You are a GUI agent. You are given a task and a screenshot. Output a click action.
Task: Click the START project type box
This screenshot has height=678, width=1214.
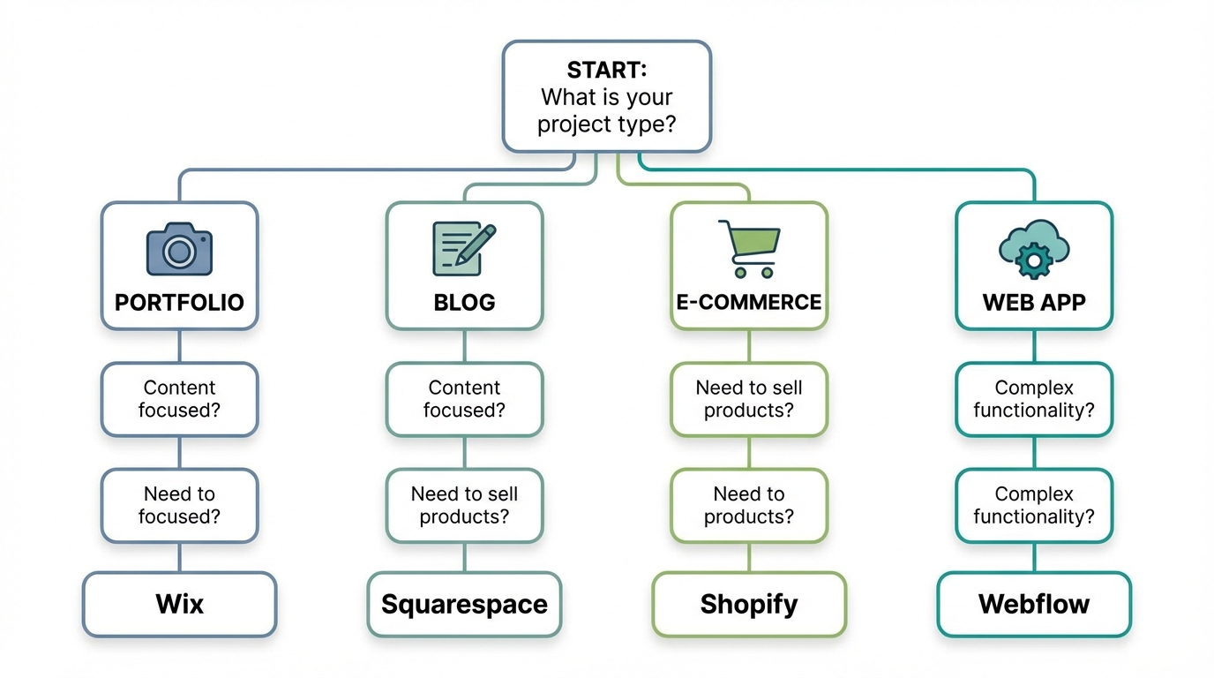pyautogui.click(x=606, y=96)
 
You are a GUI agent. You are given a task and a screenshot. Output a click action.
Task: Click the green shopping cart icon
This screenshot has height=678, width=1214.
pyautogui.click(x=749, y=248)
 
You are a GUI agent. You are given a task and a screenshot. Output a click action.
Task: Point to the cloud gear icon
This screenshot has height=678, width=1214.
pyautogui.click(x=1033, y=248)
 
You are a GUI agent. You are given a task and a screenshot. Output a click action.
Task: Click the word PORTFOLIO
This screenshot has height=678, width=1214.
pyautogui.click(x=179, y=303)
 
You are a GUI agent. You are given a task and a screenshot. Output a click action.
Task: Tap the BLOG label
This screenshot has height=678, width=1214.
pyautogui.click(x=464, y=303)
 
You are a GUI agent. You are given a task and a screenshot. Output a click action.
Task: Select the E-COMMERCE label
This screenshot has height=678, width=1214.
pyautogui.click(x=749, y=303)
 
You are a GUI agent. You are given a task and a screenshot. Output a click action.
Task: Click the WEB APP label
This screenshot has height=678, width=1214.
pyautogui.click(x=1034, y=303)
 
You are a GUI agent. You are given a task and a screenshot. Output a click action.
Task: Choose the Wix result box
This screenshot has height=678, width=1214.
pyautogui.click(x=179, y=605)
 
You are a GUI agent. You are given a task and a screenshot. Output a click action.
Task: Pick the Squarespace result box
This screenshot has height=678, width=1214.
pyautogui.click(x=464, y=605)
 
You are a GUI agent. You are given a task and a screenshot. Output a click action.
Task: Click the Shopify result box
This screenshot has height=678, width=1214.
pyautogui.click(x=749, y=605)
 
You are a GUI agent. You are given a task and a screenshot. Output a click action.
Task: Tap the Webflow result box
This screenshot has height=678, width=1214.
pyautogui.click(x=1034, y=605)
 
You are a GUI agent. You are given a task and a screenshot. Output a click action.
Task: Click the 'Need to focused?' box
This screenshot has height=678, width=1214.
pyautogui.click(x=179, y=505)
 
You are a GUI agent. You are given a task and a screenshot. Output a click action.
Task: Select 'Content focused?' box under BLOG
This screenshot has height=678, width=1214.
pyautogui.click(x=464, y=399)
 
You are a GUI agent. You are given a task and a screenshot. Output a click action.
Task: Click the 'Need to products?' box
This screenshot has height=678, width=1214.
pyautogui.click(x=749, y=505)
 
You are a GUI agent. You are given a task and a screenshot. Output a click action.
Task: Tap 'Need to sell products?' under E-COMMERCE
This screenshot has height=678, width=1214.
pyautogui.click(x=749, y=399)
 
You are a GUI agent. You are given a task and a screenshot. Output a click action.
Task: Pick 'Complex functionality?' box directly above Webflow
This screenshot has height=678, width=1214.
pyautogui.click(x=1034, y=505)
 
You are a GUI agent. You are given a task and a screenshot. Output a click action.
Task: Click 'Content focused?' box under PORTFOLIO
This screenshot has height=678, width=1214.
pyautogui.click(x=179, y=399)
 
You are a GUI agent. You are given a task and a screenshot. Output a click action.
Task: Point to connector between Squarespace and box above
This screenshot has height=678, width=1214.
pyautogui.click(x=464, y=557)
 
